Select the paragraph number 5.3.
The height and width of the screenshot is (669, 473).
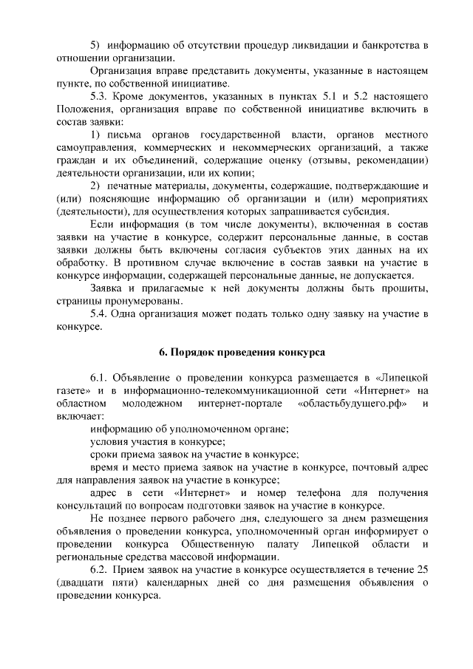(99, 95)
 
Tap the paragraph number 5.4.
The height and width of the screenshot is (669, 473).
(99, 313)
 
